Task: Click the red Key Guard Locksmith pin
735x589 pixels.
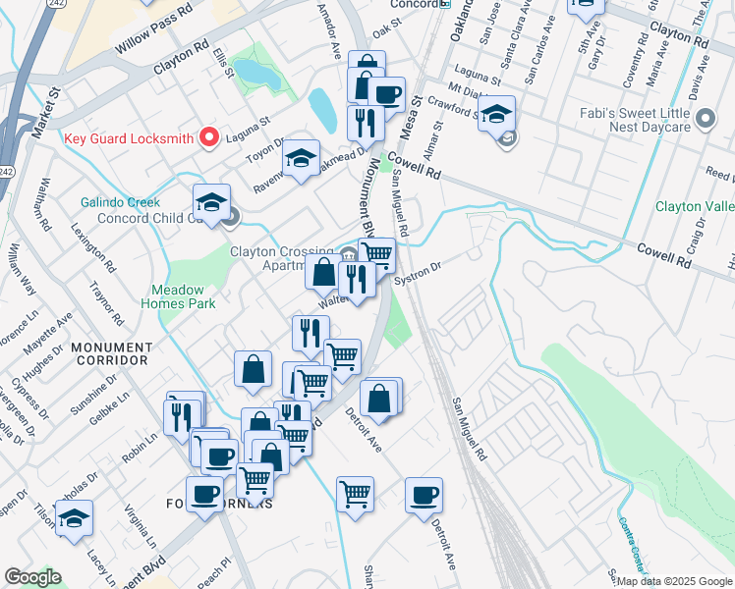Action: (208, 138)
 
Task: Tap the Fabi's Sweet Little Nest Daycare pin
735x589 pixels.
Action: (705, 121)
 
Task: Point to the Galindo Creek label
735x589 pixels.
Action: (120, 202)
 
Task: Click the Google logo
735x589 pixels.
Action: (32, 577)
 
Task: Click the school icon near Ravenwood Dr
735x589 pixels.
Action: (302, 158)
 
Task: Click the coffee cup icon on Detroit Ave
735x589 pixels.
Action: (424, 494)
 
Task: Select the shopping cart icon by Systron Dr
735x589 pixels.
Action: (376, 254)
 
